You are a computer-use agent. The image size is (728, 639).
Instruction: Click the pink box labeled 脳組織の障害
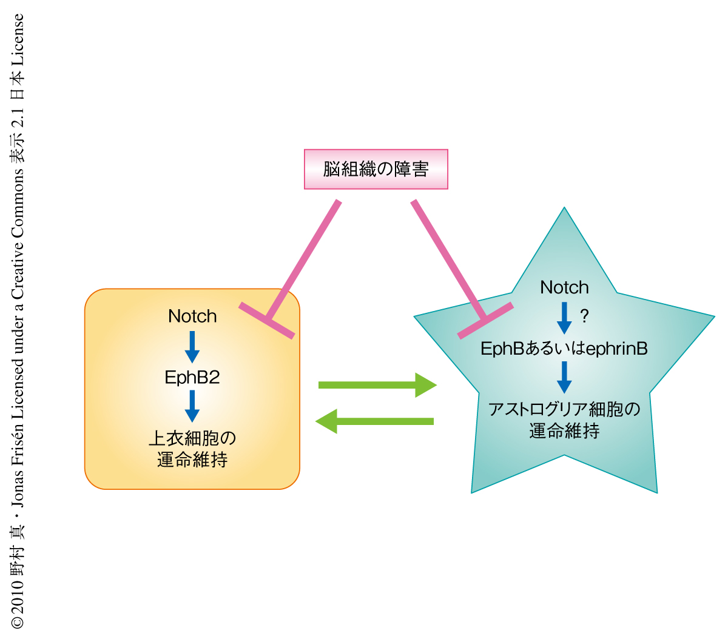(376, 169)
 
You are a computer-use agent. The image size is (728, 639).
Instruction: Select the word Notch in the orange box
(192, 316)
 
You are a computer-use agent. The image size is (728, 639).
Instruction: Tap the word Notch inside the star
(564, 287)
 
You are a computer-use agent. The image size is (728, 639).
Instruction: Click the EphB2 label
(192, 377)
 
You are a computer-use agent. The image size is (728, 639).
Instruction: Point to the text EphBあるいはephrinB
(564, 349)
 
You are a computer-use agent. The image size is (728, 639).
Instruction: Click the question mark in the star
(584, 316)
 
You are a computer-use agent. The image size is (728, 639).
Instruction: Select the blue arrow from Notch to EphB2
(192, 346)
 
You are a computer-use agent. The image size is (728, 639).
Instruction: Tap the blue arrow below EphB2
(192, 406)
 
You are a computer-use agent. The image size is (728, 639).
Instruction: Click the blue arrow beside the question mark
(564, 318)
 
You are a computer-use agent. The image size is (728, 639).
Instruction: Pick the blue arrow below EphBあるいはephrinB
(564, 377)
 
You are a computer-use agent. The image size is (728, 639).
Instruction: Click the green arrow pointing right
(377, 385)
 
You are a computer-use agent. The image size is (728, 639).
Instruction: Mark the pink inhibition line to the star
(449, 261)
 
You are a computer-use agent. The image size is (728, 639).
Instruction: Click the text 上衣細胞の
(192, 438)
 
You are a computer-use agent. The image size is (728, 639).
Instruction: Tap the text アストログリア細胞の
(564, 409)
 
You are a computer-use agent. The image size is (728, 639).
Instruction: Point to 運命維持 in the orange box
(192, 460)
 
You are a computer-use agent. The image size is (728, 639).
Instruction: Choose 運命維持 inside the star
(564, 431)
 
